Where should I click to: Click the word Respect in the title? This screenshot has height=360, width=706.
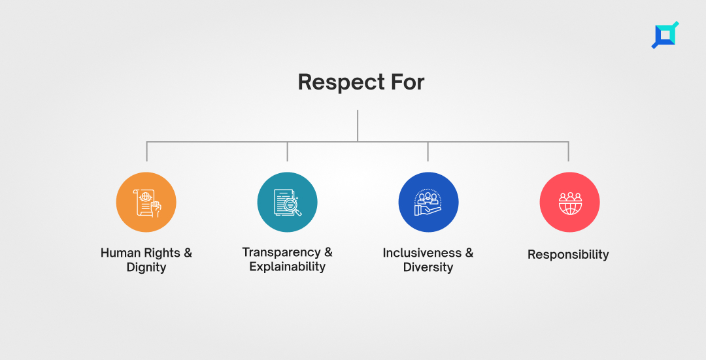tap(341, 83)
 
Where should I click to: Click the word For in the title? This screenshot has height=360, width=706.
tap(407, 82)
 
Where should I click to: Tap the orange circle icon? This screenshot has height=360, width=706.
tap(146, 202)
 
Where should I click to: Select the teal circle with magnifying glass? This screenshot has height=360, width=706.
tap(287, 202)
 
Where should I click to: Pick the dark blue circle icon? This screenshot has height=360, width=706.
tap(429, 202)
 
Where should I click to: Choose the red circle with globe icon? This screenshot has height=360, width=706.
tap(569, 202)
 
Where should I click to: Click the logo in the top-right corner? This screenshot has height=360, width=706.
tap(665, 35)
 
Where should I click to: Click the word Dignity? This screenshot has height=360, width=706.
tap(146, 267)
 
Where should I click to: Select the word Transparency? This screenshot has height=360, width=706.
tap(281, 253)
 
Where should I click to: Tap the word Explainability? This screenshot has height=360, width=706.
tap(287, 267)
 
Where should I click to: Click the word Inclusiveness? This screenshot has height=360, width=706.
tap(422, 253)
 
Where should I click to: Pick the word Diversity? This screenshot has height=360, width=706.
tap(428, 267)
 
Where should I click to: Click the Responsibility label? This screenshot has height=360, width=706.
tap(568, 255)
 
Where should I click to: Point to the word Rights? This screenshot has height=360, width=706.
tap(160, 254)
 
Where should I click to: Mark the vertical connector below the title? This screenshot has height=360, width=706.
tap(358, 126)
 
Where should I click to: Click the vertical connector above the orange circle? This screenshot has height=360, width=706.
tap(147, 152)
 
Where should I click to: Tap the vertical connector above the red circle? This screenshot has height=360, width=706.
tap(568, 152)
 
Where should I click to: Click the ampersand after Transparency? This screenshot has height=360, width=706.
tap(328, 252)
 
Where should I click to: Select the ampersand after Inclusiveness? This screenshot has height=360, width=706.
tap(469, 253)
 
